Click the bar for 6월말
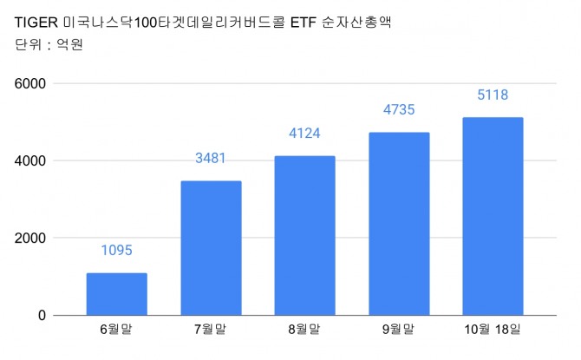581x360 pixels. (116, 294)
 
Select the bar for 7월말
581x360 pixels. (211, 248)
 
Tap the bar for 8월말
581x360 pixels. (305, 235)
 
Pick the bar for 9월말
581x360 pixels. (399, 224)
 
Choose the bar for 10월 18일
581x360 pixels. (493, 216)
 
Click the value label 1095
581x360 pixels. (116, 252)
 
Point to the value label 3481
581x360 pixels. (211, 159)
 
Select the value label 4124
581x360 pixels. (305, 134)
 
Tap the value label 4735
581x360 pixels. (399, 110)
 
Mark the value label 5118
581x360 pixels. (493, 95)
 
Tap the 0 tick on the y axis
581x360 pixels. (42, 316)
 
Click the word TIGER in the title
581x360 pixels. (32, 23)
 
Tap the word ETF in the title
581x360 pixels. (296, 23)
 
